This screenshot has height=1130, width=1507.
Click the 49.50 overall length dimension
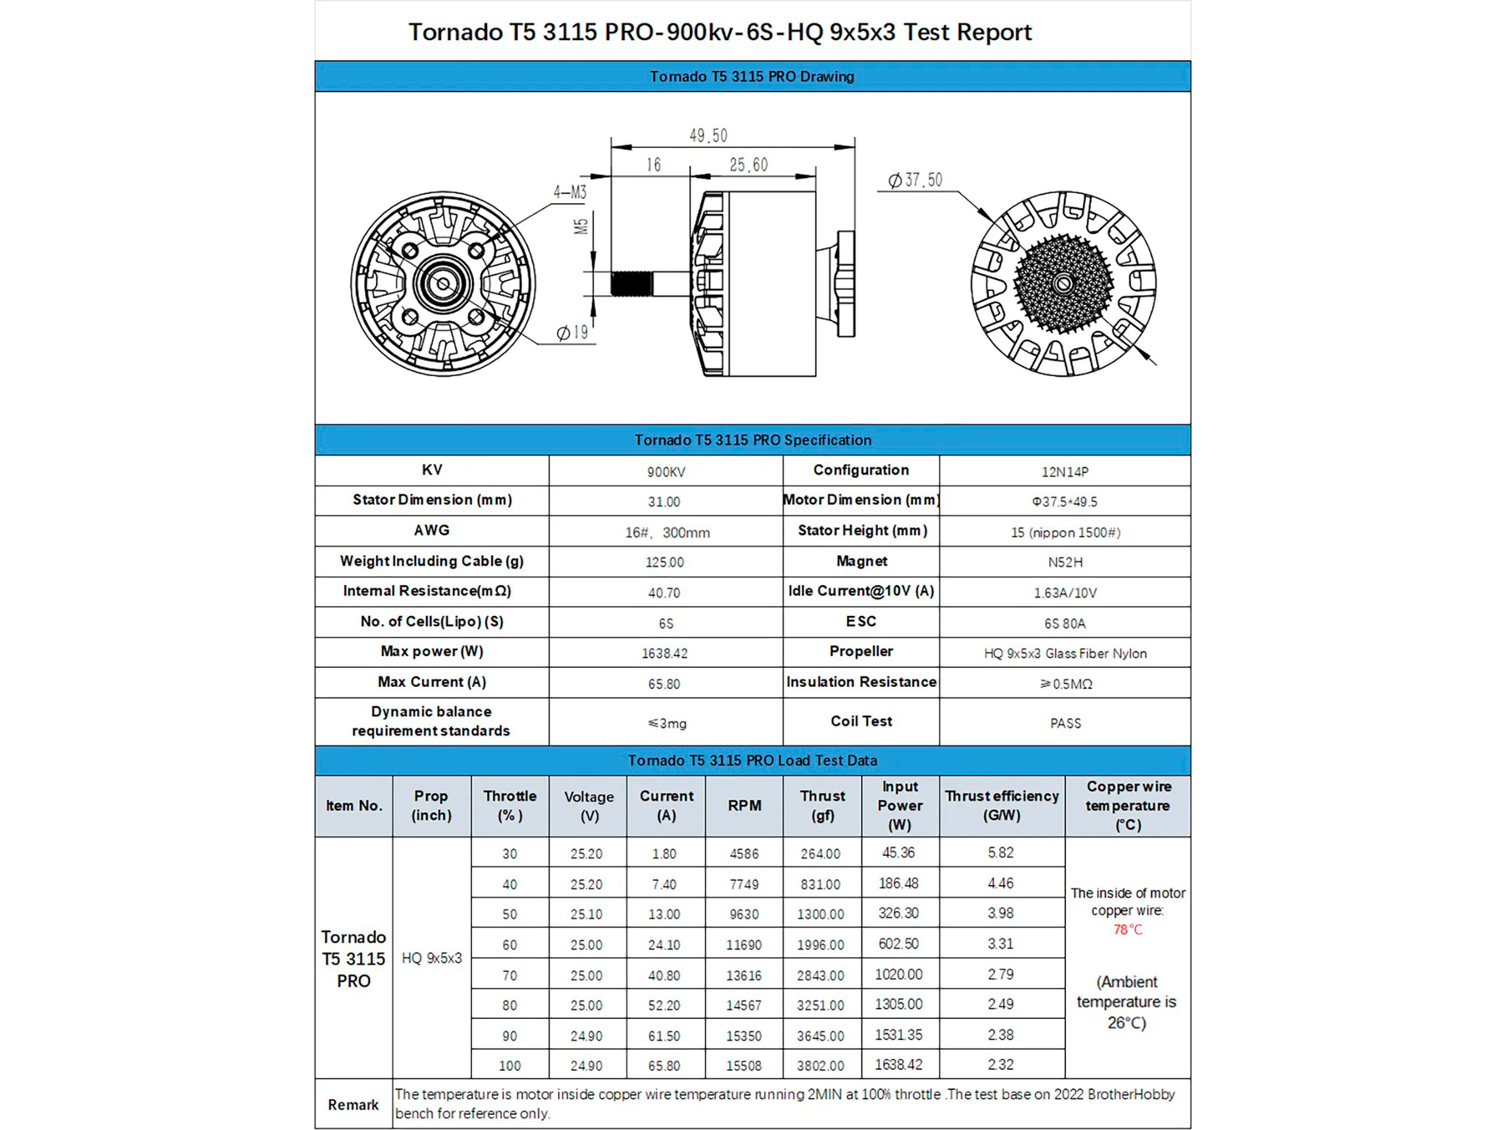(708, 136)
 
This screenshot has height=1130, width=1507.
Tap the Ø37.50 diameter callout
(915, 180)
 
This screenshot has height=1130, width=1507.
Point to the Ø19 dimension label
(572, 332)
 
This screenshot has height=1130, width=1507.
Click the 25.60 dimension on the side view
(748, 165)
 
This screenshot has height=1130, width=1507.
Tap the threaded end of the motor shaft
(631, 283)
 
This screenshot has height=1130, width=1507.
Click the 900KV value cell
(666, 472)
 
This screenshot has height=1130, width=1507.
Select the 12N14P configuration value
(1065, 472)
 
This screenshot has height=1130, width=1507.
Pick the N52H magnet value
(1065, 562)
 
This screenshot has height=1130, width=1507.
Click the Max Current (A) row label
(432, 682)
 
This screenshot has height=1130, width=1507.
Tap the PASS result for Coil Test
(1065, 723)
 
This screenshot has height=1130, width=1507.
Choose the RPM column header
(744, 806)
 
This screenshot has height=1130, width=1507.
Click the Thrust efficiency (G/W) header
(1002, 806)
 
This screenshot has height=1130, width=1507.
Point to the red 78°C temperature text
(1128, 930)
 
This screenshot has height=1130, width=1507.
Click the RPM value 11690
(744, 945)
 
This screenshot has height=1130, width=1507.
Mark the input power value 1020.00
(899, 975)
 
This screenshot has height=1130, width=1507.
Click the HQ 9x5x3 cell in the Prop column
(431, 958)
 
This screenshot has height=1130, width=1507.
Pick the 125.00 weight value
(664, 562)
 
